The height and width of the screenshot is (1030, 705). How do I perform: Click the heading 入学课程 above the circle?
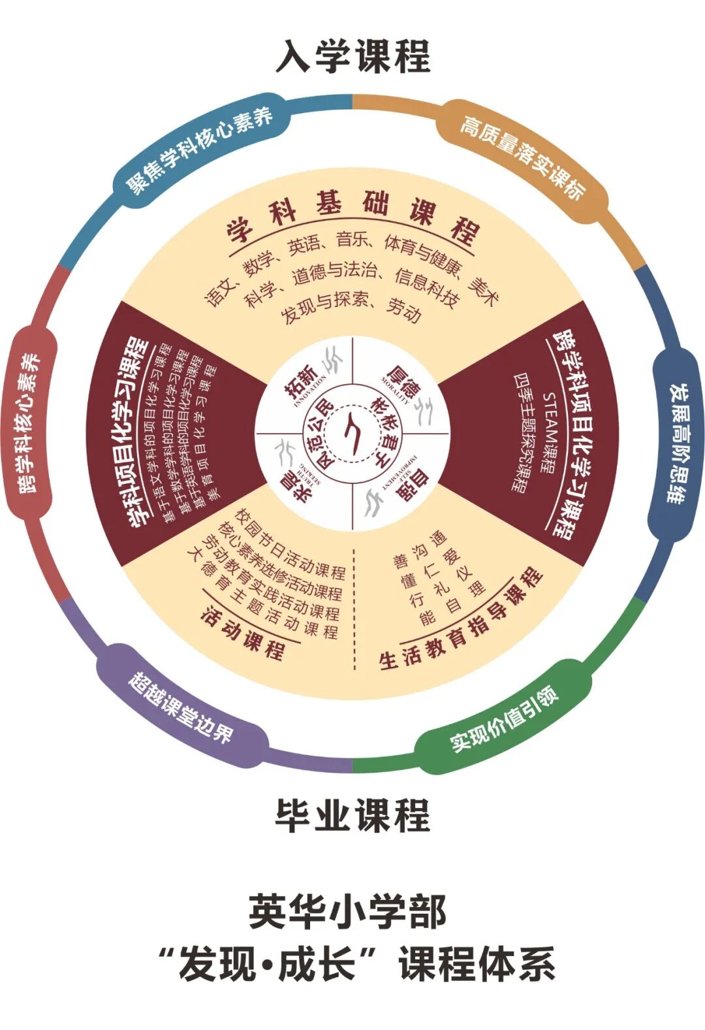[x=352, y=57]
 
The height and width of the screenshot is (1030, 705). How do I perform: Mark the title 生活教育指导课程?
[x=461, y=620]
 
